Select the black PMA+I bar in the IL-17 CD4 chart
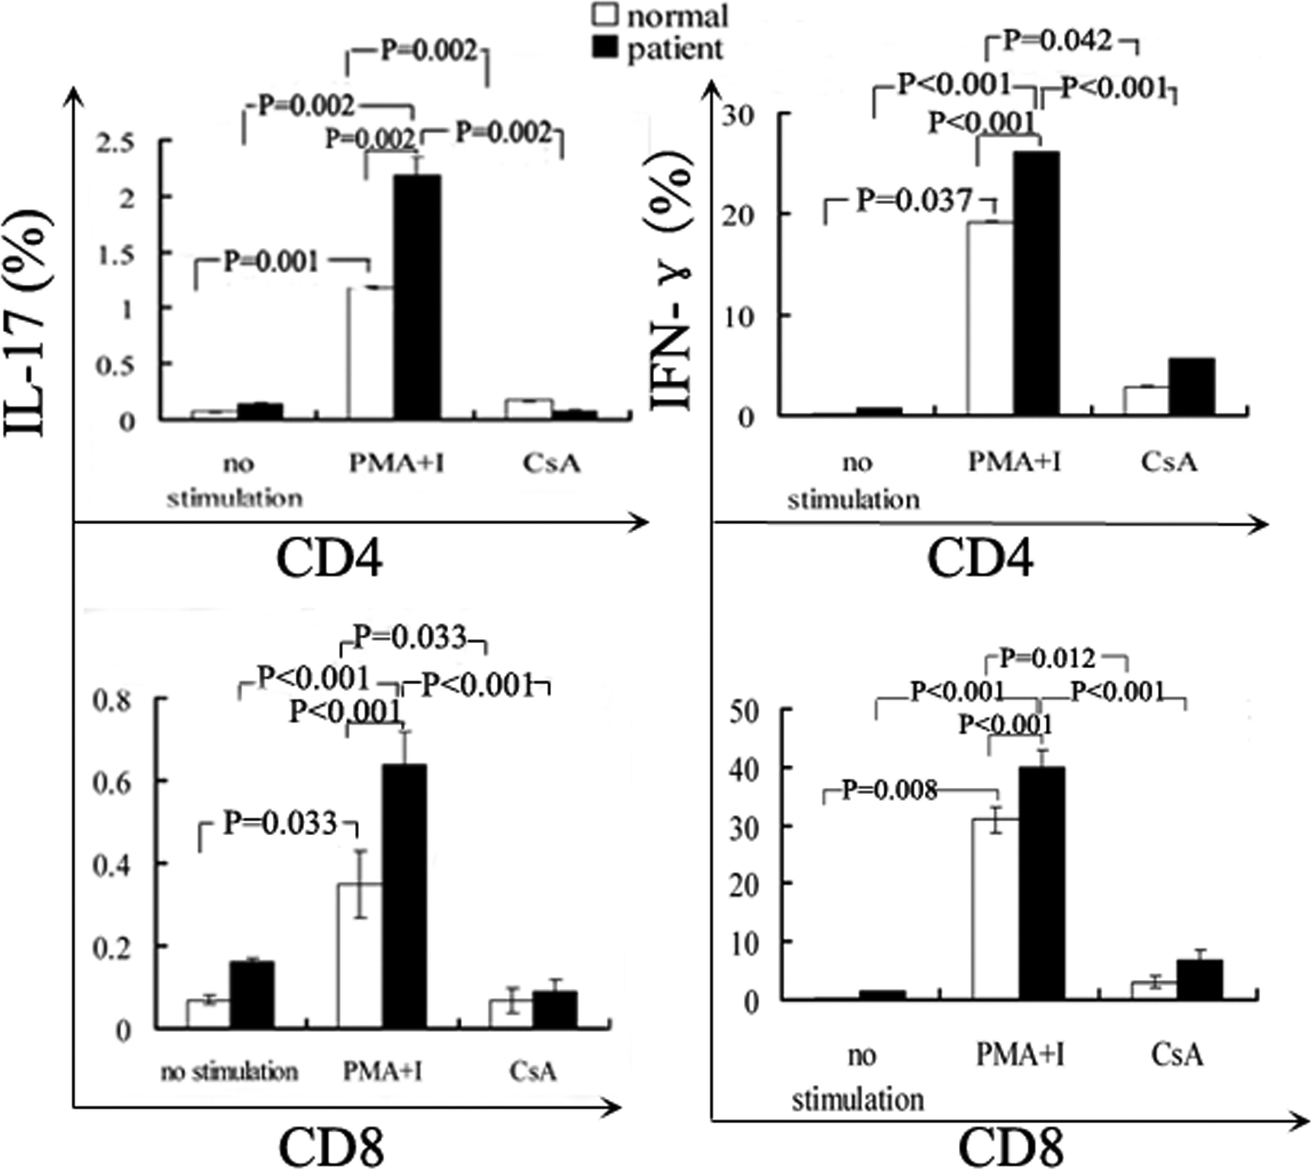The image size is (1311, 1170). (417, 296)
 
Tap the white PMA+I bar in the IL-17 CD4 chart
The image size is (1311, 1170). (371, 353)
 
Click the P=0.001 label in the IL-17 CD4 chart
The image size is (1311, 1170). (271, 262)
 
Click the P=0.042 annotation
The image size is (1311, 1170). (1057, 41)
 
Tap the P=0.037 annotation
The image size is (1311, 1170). (914, 200)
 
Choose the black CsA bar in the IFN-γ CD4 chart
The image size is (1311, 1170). (1192, 386)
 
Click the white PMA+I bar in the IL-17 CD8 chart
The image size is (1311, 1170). (360, 955)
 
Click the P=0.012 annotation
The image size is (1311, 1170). (1047, 659)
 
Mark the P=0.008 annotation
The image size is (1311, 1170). (889, 791)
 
